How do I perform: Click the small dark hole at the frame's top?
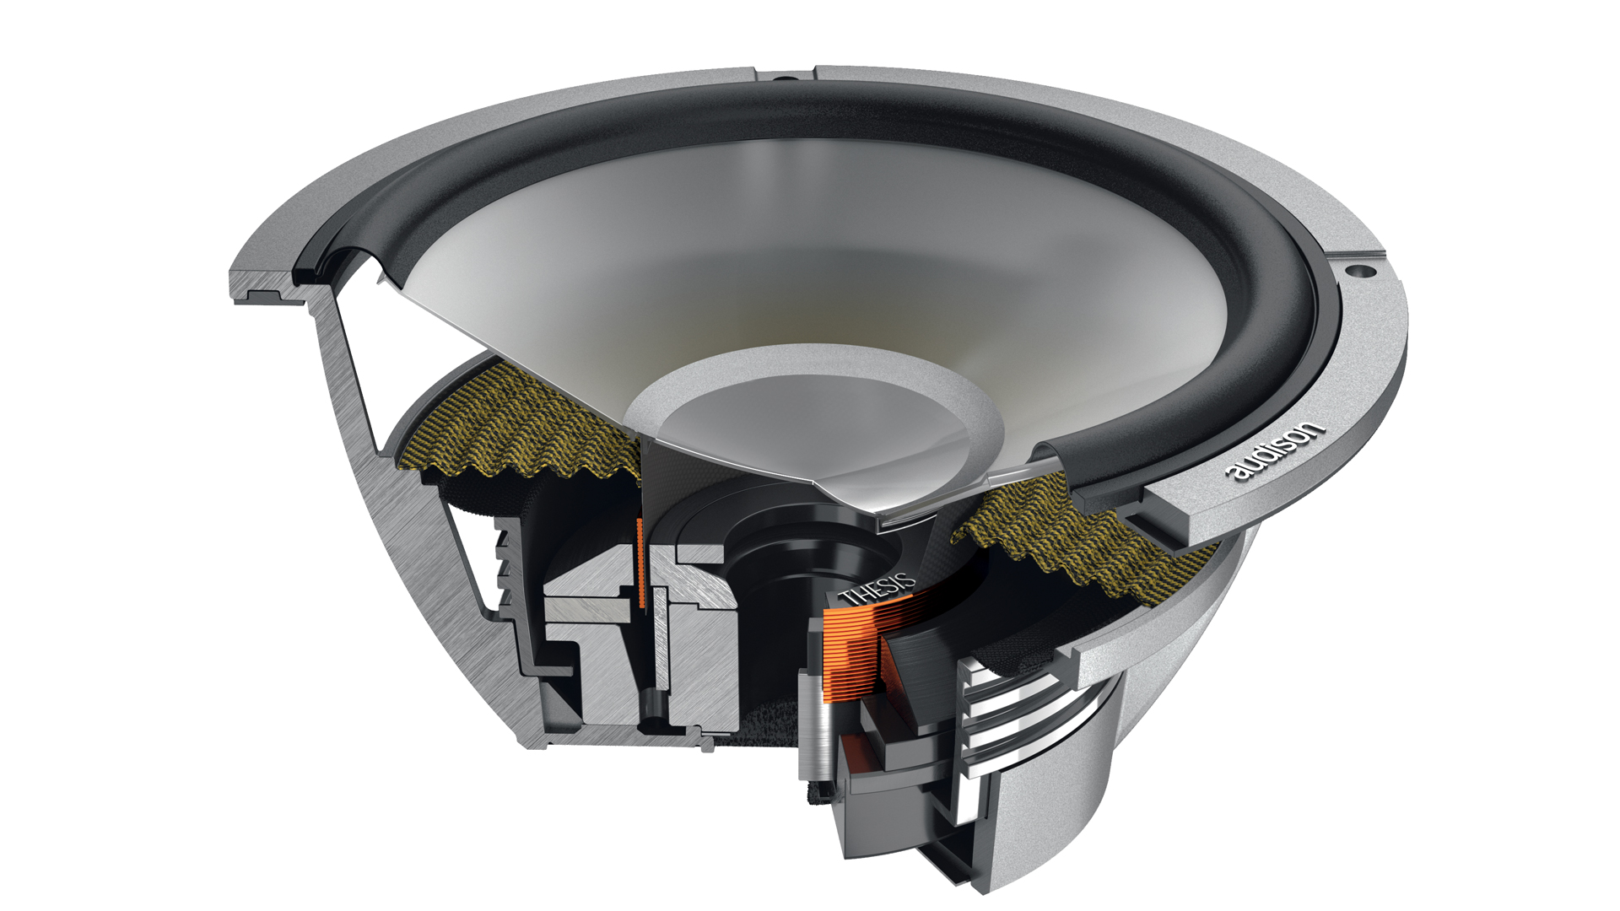pos(785,78)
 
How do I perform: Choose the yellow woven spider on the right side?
pos(1088,540)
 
